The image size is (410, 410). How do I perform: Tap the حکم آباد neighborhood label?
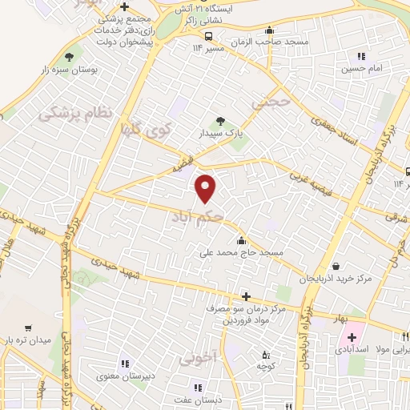pyautogui.click(x=196, y=217)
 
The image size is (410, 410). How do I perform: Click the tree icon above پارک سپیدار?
pyautogui.click(x=221, y=121)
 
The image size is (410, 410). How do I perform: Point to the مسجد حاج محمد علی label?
pyautogui.click(x=243, y=253)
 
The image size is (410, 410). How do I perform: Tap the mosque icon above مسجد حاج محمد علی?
pyautogui.click(x=242, y=240)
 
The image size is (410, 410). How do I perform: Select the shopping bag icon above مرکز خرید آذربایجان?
pyautogui.click(x=335, y=266)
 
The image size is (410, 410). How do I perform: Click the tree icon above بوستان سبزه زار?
pyautogui.click(x=70, y=56)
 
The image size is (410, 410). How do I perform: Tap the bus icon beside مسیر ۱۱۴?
pyautogui.click(x=208, y=36)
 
